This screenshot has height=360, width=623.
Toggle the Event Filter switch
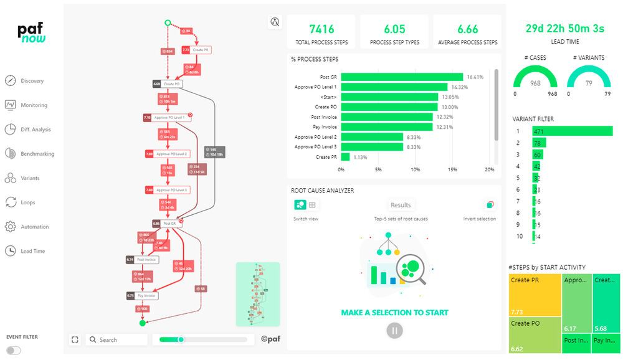point(13,350)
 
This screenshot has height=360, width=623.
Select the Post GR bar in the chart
point(402,77)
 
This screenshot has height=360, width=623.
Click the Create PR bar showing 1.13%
point(345,157)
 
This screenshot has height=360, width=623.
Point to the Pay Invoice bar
point(387,127)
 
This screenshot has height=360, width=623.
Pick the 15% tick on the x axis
point(452,169)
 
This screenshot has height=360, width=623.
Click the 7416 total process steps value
point(321,29)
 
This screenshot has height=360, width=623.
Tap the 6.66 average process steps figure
point(467,29)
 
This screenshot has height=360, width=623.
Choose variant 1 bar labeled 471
point(572,131)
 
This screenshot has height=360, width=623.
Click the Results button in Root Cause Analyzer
point(401,205)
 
